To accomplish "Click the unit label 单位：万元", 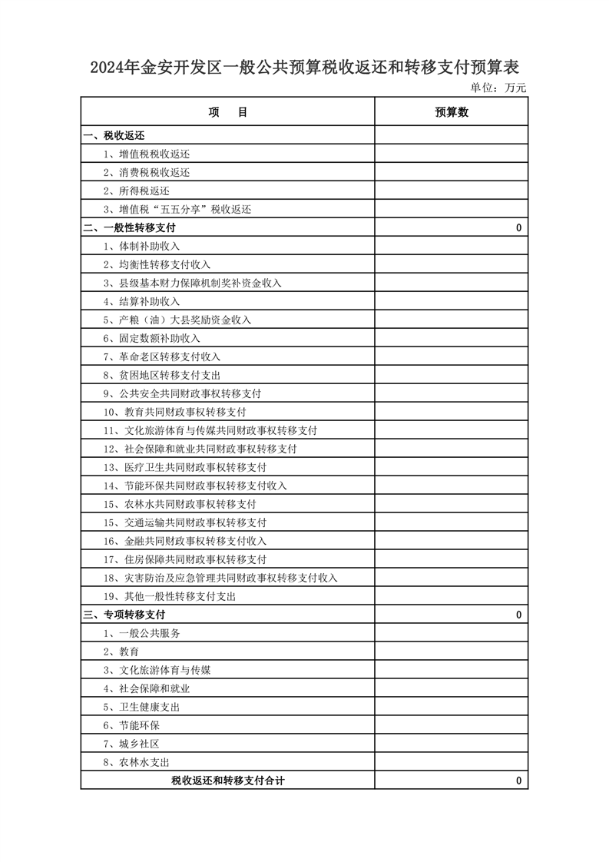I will point(498,88).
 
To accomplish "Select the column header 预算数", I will point(452,112).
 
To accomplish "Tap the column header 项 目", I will point(227,112).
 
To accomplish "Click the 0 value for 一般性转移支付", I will point(518,228).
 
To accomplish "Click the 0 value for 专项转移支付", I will point(518,615).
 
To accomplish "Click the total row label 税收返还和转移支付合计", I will point(227,781).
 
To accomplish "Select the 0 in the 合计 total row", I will point(518,781).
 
